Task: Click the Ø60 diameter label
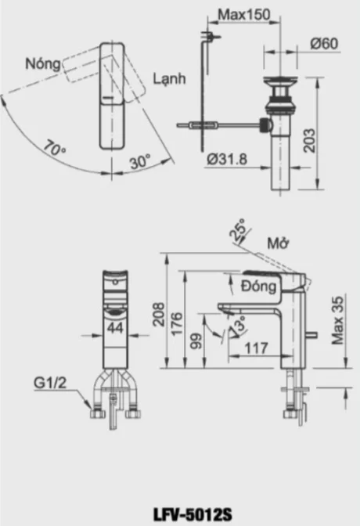(x=322, y=45)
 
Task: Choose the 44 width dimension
(x=114, y=326)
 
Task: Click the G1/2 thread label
(x=50, y=384)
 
